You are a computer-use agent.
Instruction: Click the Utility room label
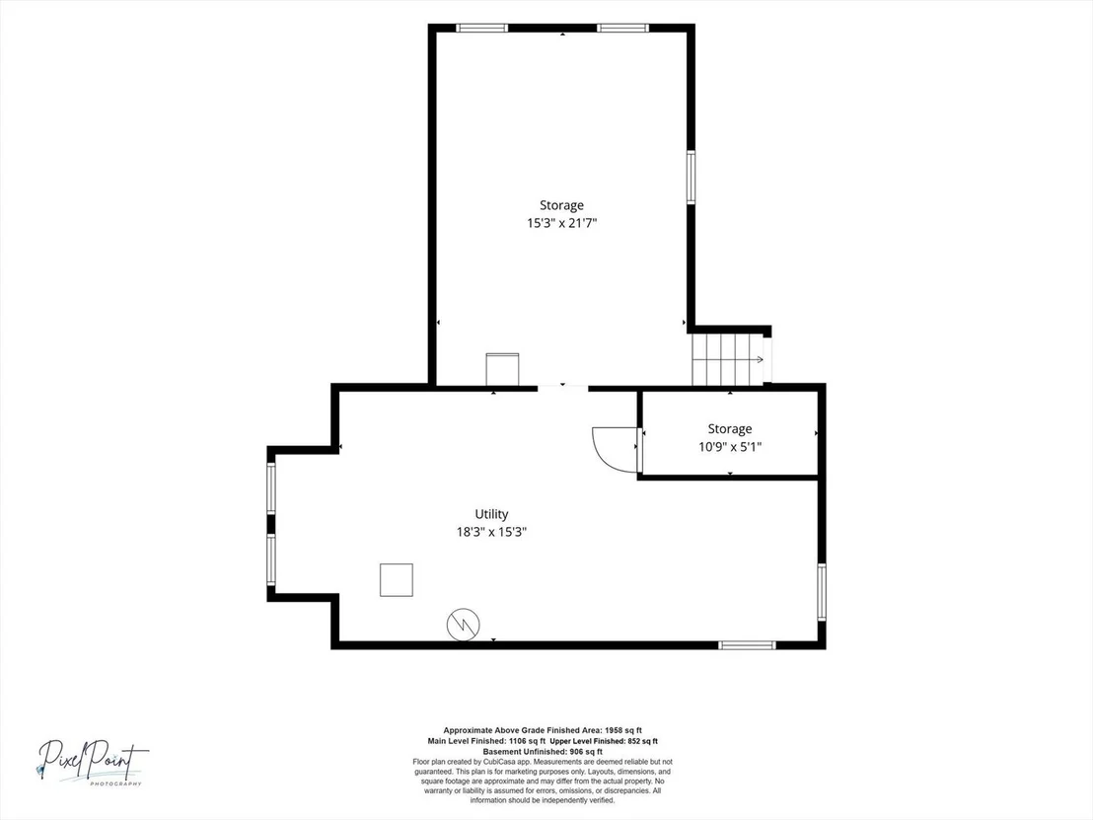[491, 514]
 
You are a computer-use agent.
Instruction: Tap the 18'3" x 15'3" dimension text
[491, 532]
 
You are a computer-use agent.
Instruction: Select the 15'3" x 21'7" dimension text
[562, 223]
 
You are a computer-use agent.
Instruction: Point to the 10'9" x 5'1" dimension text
[730, 447]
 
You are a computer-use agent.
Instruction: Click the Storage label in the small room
[730, 429]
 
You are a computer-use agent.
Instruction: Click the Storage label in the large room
[562, 205]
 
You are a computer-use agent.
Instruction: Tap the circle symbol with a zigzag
[464, 623]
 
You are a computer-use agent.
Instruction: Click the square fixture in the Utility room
[396, 579]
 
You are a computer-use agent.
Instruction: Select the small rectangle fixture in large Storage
[502, 370]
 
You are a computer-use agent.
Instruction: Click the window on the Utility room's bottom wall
[747, 645]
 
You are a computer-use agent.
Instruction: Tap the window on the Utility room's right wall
[822, 592]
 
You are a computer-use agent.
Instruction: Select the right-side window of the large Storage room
[691, 177]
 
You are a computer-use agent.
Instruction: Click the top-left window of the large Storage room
[482, 28]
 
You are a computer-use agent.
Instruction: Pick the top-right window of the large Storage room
[623, 28]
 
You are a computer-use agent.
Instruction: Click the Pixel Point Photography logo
[93, 762]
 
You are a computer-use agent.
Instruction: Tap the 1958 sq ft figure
[623, 730]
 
